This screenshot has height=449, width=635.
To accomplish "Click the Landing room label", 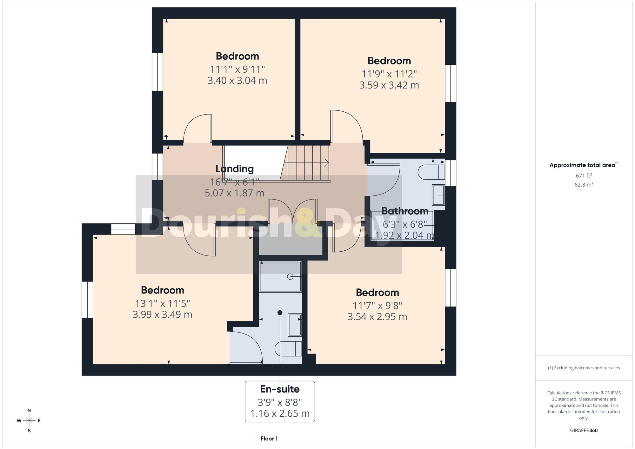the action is [x=235, y=169].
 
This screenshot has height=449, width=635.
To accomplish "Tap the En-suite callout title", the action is [x=280, y=389].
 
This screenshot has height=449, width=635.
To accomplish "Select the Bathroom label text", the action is [x=405, y=211].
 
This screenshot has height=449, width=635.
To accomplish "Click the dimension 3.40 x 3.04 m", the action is [x=237, y=81].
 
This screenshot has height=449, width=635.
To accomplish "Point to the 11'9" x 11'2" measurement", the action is [x=389, y=74].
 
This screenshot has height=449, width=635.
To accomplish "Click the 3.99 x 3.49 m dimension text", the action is [x=162, y=315].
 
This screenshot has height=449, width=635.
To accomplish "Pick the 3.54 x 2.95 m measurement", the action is [x=377, y=317].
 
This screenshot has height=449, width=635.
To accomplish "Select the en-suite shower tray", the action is [x=280, y=276].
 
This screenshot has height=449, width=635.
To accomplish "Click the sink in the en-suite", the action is [x=295, y=325].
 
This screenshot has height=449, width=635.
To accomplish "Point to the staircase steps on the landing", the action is [x=306, y=163].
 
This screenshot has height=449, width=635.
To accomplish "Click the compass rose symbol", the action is [x=29, y=421].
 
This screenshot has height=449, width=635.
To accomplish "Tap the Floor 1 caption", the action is [x=269, y=439].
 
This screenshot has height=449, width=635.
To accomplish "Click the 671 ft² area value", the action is [x=584, y=175].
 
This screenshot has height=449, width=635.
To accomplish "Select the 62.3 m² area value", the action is [x=584, y=184].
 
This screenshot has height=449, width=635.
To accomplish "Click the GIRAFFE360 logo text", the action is [x=584, y=431].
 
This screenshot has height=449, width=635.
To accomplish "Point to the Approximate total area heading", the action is [x=584, y=165].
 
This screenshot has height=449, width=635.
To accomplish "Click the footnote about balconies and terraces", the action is [x=584, y=368].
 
